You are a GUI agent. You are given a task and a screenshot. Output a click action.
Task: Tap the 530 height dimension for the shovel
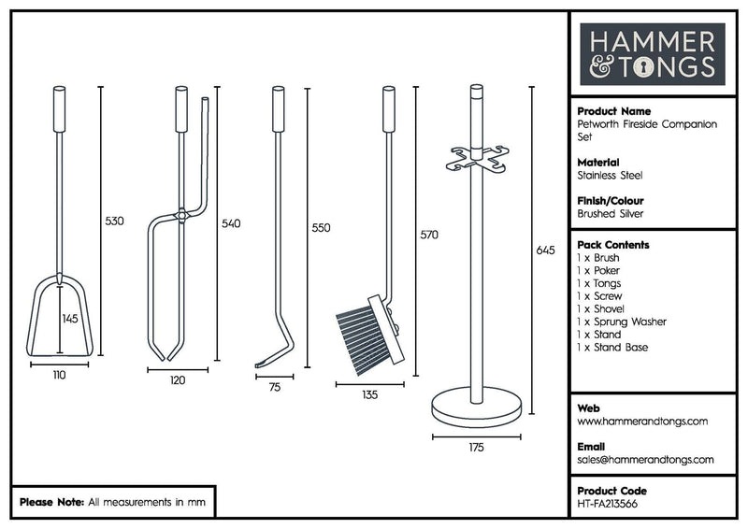(114, 222)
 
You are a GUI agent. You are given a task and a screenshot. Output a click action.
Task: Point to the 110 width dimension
(59, 375)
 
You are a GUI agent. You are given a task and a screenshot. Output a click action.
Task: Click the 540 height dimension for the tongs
(230, 224)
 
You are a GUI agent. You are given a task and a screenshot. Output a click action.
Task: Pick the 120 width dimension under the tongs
(178, 380)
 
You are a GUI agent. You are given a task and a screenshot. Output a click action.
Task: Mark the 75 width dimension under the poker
(274, 386)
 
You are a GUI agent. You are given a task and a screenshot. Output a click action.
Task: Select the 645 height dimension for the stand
(546, 251)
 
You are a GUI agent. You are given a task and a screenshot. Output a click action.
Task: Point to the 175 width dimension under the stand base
(476, 449)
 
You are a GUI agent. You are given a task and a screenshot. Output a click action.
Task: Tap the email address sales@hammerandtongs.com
(646, 460)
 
